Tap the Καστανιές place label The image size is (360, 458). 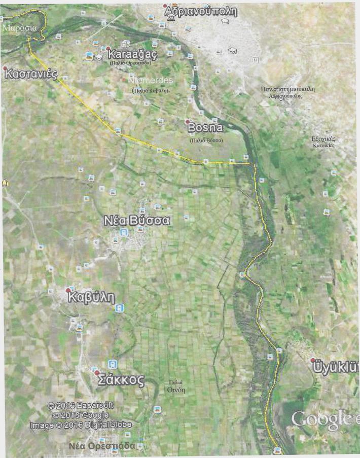30,74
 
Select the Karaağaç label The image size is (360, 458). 129,54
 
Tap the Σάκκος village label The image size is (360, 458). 122,380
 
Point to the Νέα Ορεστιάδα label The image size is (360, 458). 102,446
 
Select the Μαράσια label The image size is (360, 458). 19,28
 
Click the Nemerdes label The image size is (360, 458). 151,80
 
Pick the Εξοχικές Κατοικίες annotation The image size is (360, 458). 323,142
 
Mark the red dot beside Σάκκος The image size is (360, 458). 96,373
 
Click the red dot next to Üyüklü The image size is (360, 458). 313,360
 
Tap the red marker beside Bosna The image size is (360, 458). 187,122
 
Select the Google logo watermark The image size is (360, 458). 322,419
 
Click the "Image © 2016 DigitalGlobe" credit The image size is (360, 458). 80,425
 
